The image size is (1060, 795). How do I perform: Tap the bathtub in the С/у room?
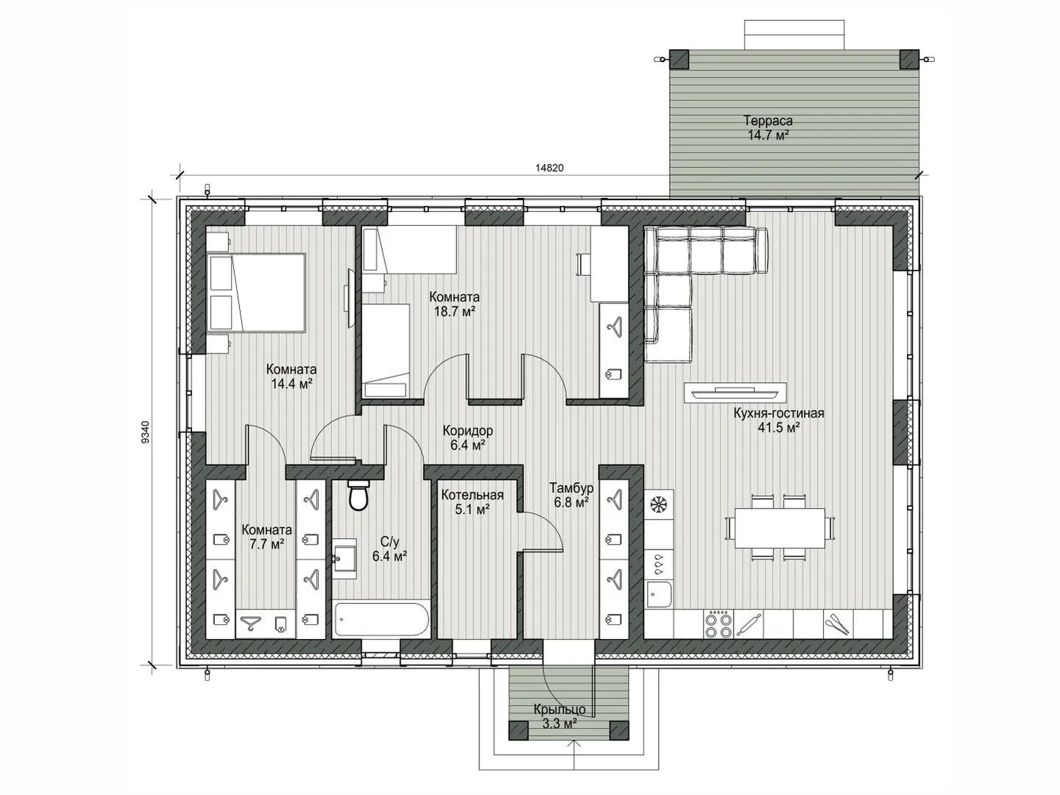[381, 619]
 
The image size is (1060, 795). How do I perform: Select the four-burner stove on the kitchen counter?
[718, 624]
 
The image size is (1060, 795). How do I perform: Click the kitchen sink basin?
[659, 594]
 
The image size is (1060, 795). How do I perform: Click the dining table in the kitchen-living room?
[780, 528]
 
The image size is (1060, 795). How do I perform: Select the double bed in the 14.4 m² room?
[256, 292]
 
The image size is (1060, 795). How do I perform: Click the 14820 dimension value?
[549, 168]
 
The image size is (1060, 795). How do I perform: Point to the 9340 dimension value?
[146, 433]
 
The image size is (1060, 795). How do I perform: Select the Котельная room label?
[473, 495]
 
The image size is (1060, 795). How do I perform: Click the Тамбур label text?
[571, 487]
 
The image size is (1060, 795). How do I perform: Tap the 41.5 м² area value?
[779, 428]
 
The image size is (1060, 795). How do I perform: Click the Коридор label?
[467, 430]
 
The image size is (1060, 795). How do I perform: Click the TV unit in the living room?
[735, 392]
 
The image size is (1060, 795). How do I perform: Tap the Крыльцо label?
[559, 710]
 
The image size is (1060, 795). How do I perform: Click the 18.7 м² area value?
[454, 311]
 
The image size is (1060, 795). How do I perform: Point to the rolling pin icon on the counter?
[748, 624]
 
